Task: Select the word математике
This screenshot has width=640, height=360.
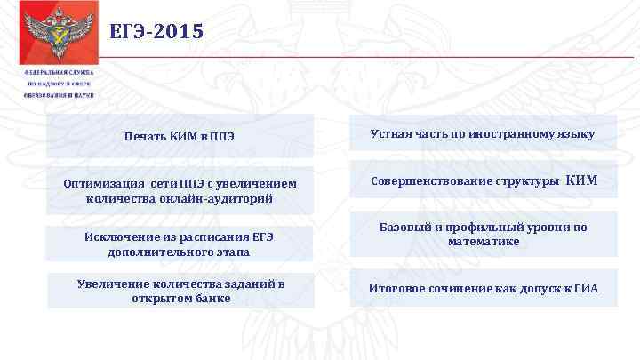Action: pos(483,241)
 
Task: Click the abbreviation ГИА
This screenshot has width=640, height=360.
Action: pos(586,288)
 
